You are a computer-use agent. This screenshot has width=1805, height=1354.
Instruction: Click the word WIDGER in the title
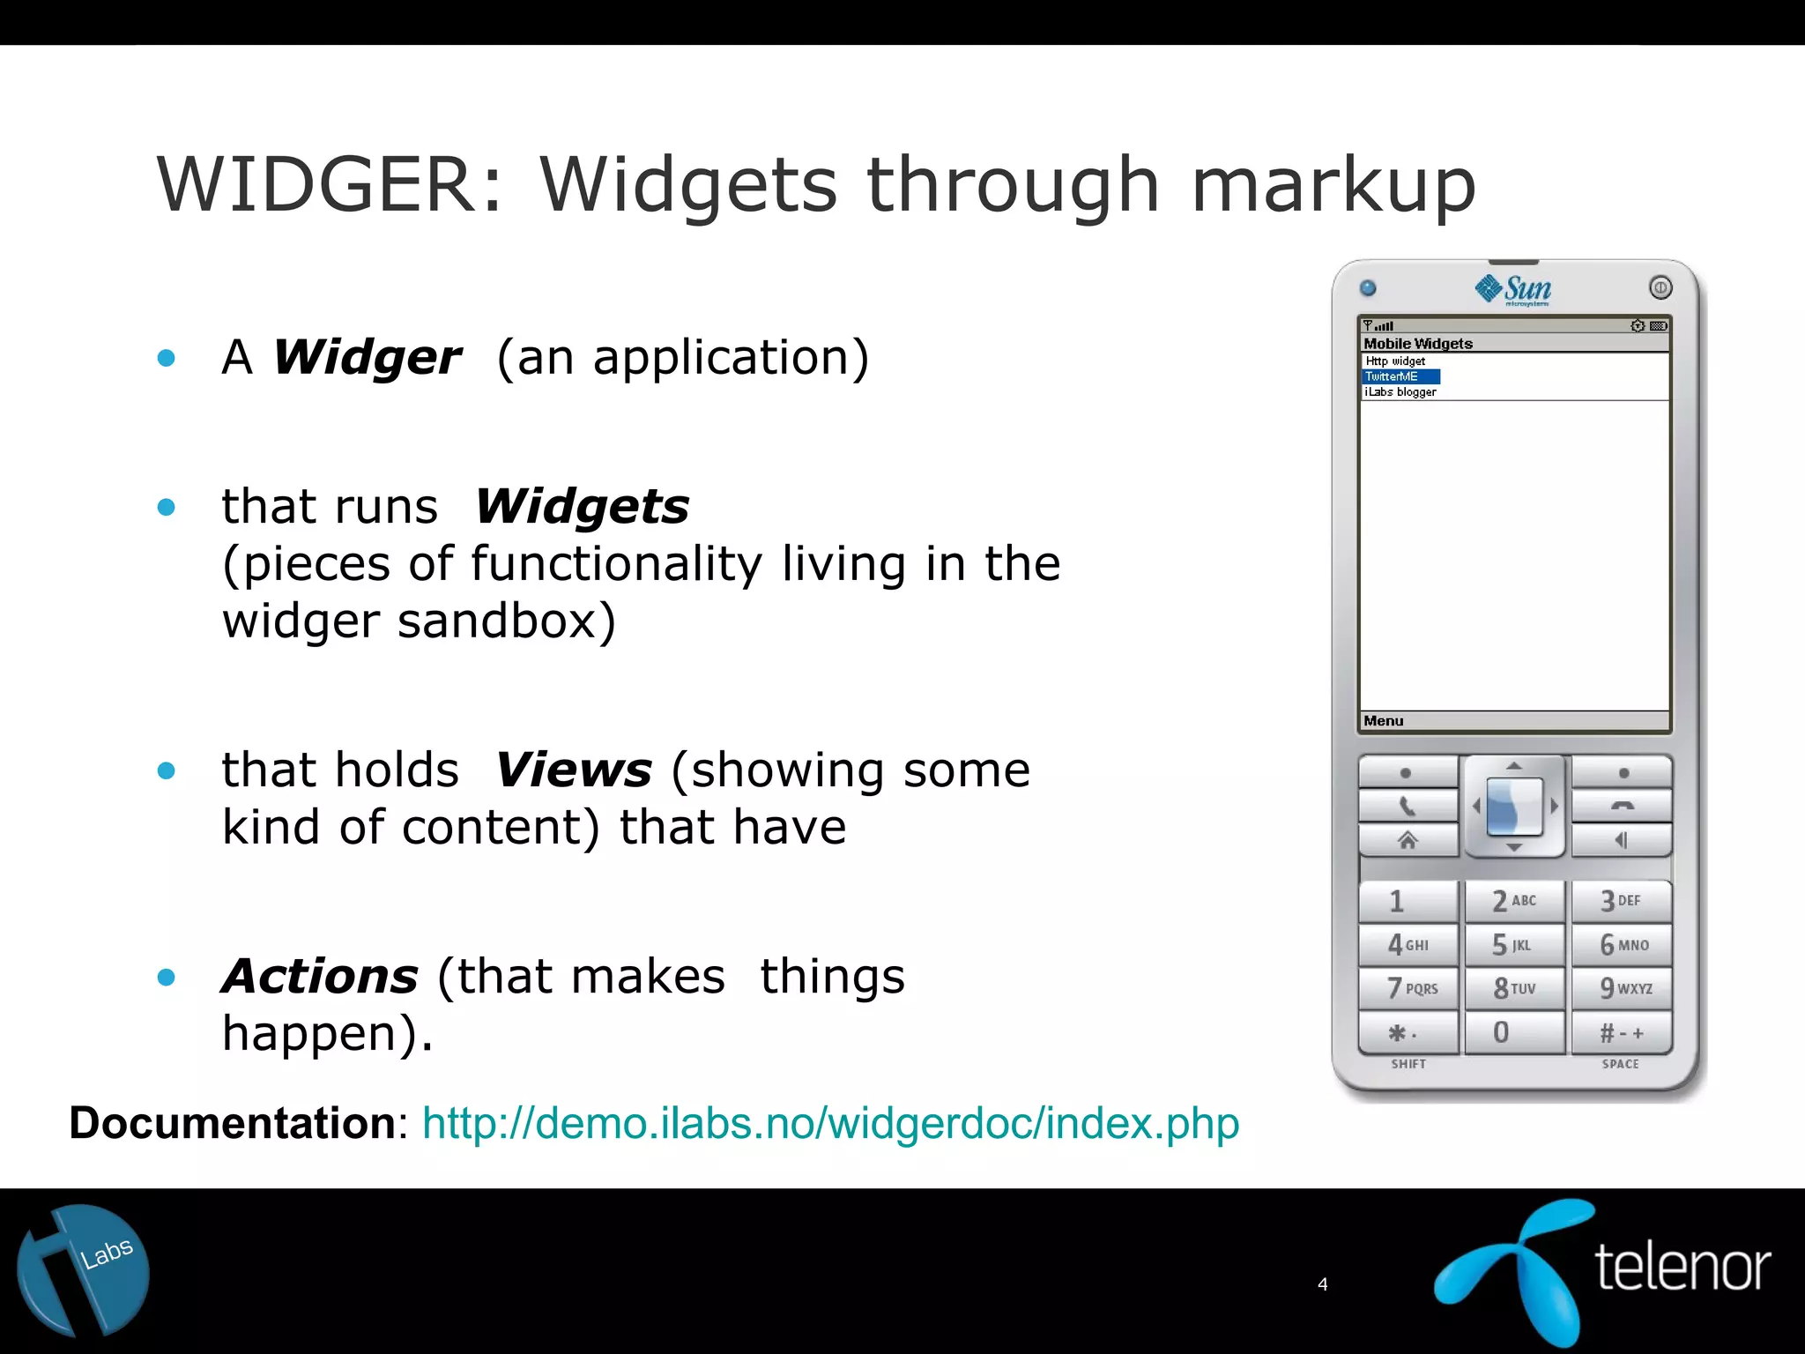coord(316,185)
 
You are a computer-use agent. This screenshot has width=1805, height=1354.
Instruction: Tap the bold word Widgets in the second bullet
coord(582,508)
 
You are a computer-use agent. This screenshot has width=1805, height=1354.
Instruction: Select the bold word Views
coord(574,770)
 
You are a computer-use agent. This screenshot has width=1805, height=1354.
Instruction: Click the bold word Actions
coord(320,977)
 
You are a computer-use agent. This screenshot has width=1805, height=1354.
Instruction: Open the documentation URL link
coord(830,1124)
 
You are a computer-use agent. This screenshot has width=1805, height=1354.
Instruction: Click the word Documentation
coord(233,1124)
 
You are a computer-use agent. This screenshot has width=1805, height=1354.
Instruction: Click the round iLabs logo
coord(84,1270)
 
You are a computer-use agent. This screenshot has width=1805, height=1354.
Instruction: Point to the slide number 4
coord(1322,1284)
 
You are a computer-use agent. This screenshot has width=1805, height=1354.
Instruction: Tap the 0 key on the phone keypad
coord(1513,1032)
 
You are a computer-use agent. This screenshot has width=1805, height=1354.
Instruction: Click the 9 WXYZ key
coord(1622,988)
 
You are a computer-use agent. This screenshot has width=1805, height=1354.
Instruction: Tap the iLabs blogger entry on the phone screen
coord(1400,392)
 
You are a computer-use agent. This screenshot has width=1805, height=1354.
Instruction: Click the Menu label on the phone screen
coord(1384,721)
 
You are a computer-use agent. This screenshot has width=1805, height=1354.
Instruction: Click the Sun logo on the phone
coord(1513,289)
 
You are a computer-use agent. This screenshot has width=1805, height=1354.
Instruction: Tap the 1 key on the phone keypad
coord(1407,901)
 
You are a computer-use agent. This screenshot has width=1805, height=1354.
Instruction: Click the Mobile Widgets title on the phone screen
coord(1418,344)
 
